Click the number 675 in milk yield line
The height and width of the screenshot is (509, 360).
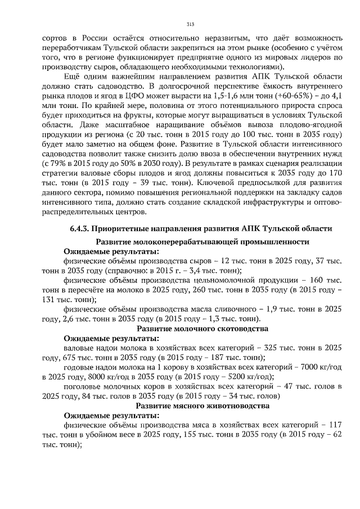(x=66, y=357)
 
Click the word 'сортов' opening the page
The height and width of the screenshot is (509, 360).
(x=54, y=37)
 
